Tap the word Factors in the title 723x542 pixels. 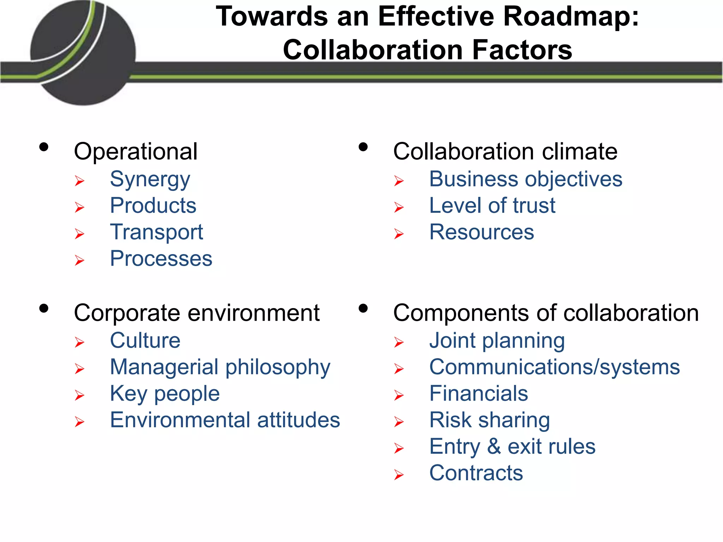pos(522,50)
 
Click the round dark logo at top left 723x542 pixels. pos(83,53)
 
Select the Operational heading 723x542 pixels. pos(136,152)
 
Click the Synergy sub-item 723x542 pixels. pos(150,180)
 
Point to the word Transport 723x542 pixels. pos(156,232)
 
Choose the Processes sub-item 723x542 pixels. pos(161,259)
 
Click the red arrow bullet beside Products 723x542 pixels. pos(80,207)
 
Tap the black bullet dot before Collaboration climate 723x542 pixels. pos(363,147)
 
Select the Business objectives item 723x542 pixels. pos(526,179)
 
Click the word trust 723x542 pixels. pos(534,206)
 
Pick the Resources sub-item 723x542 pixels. pos(482,232)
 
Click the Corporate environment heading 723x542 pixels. pos(197,313)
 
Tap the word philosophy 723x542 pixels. pos(278,367)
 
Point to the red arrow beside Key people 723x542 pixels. pos(80,395)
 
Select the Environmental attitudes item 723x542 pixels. pos(225,420)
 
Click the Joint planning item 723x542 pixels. pos(497,341)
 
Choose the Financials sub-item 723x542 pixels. pos(478,394)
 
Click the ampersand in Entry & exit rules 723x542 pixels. pos(494,447)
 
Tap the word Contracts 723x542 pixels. pos(476,473)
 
